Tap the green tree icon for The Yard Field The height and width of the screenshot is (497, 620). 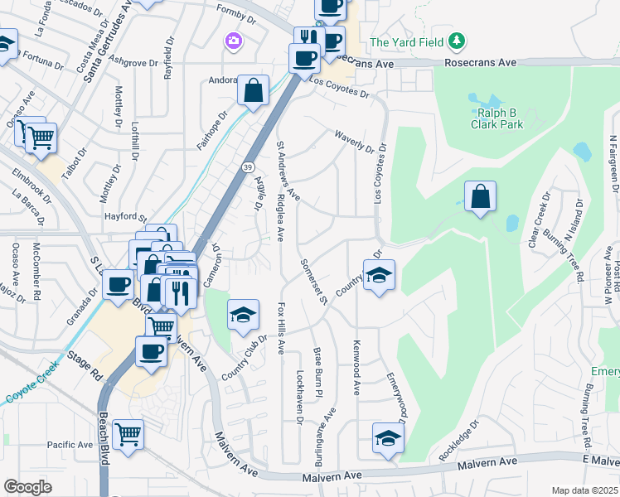(455, 41)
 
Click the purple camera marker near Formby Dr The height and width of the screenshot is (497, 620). (234, 40)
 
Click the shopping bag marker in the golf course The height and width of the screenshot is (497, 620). (480, 197)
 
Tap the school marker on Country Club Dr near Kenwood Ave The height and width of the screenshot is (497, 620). (378, 276)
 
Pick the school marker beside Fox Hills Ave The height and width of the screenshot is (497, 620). (243, 316)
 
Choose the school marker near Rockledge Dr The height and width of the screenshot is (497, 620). (387, 438)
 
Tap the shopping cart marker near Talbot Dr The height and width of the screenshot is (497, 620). (41, 138)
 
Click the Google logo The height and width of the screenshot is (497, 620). (27, 486)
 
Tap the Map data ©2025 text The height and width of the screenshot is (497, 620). (584, 490)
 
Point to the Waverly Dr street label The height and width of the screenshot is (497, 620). (355, 140)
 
